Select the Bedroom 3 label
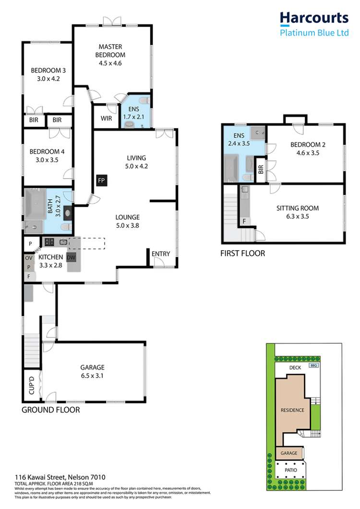[48, 75]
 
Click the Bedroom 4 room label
[47, 156]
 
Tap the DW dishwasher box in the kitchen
[72, 258]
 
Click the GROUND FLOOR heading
[50, 411]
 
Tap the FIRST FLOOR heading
[242, 253]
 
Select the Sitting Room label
[297, 212]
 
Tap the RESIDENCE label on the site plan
[292, 410]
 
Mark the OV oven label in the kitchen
[29, 258]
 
